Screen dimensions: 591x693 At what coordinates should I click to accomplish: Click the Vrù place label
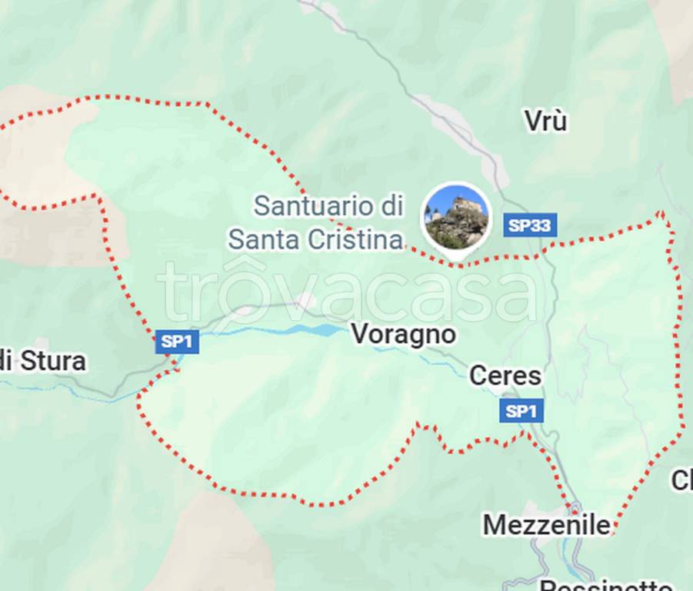coord(545,121)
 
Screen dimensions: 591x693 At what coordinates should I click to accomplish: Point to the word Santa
coord(265,239)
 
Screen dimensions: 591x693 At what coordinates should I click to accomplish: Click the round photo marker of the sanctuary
coord(456,217)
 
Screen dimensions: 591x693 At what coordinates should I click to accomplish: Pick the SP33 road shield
coord(530,225)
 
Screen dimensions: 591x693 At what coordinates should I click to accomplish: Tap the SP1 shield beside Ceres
coord(521,411)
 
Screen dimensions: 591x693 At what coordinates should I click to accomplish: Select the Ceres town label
coord(505,376)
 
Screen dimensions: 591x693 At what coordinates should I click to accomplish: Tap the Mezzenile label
coord(546,526)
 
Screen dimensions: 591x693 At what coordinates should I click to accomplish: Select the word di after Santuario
coord(390,206)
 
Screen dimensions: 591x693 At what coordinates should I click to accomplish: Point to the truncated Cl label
coord(681,480)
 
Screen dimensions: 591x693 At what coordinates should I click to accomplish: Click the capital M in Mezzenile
coord(495,526)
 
